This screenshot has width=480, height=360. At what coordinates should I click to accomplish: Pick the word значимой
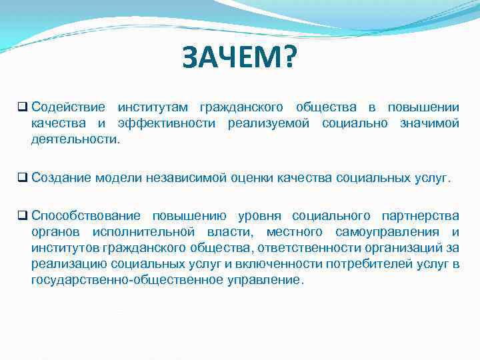(x=429, y=123)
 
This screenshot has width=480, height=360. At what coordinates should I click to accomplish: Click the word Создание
(x=61, y=178)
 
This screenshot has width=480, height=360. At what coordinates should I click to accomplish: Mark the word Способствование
(x=85, y=216)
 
